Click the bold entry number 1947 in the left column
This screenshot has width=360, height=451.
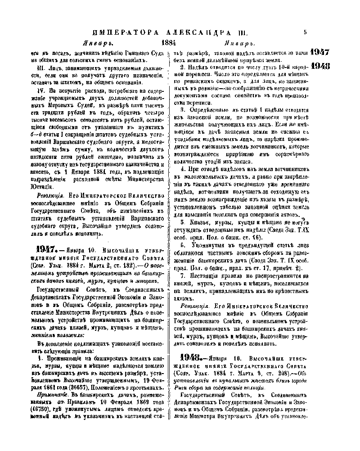click(x=45, y=248)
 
